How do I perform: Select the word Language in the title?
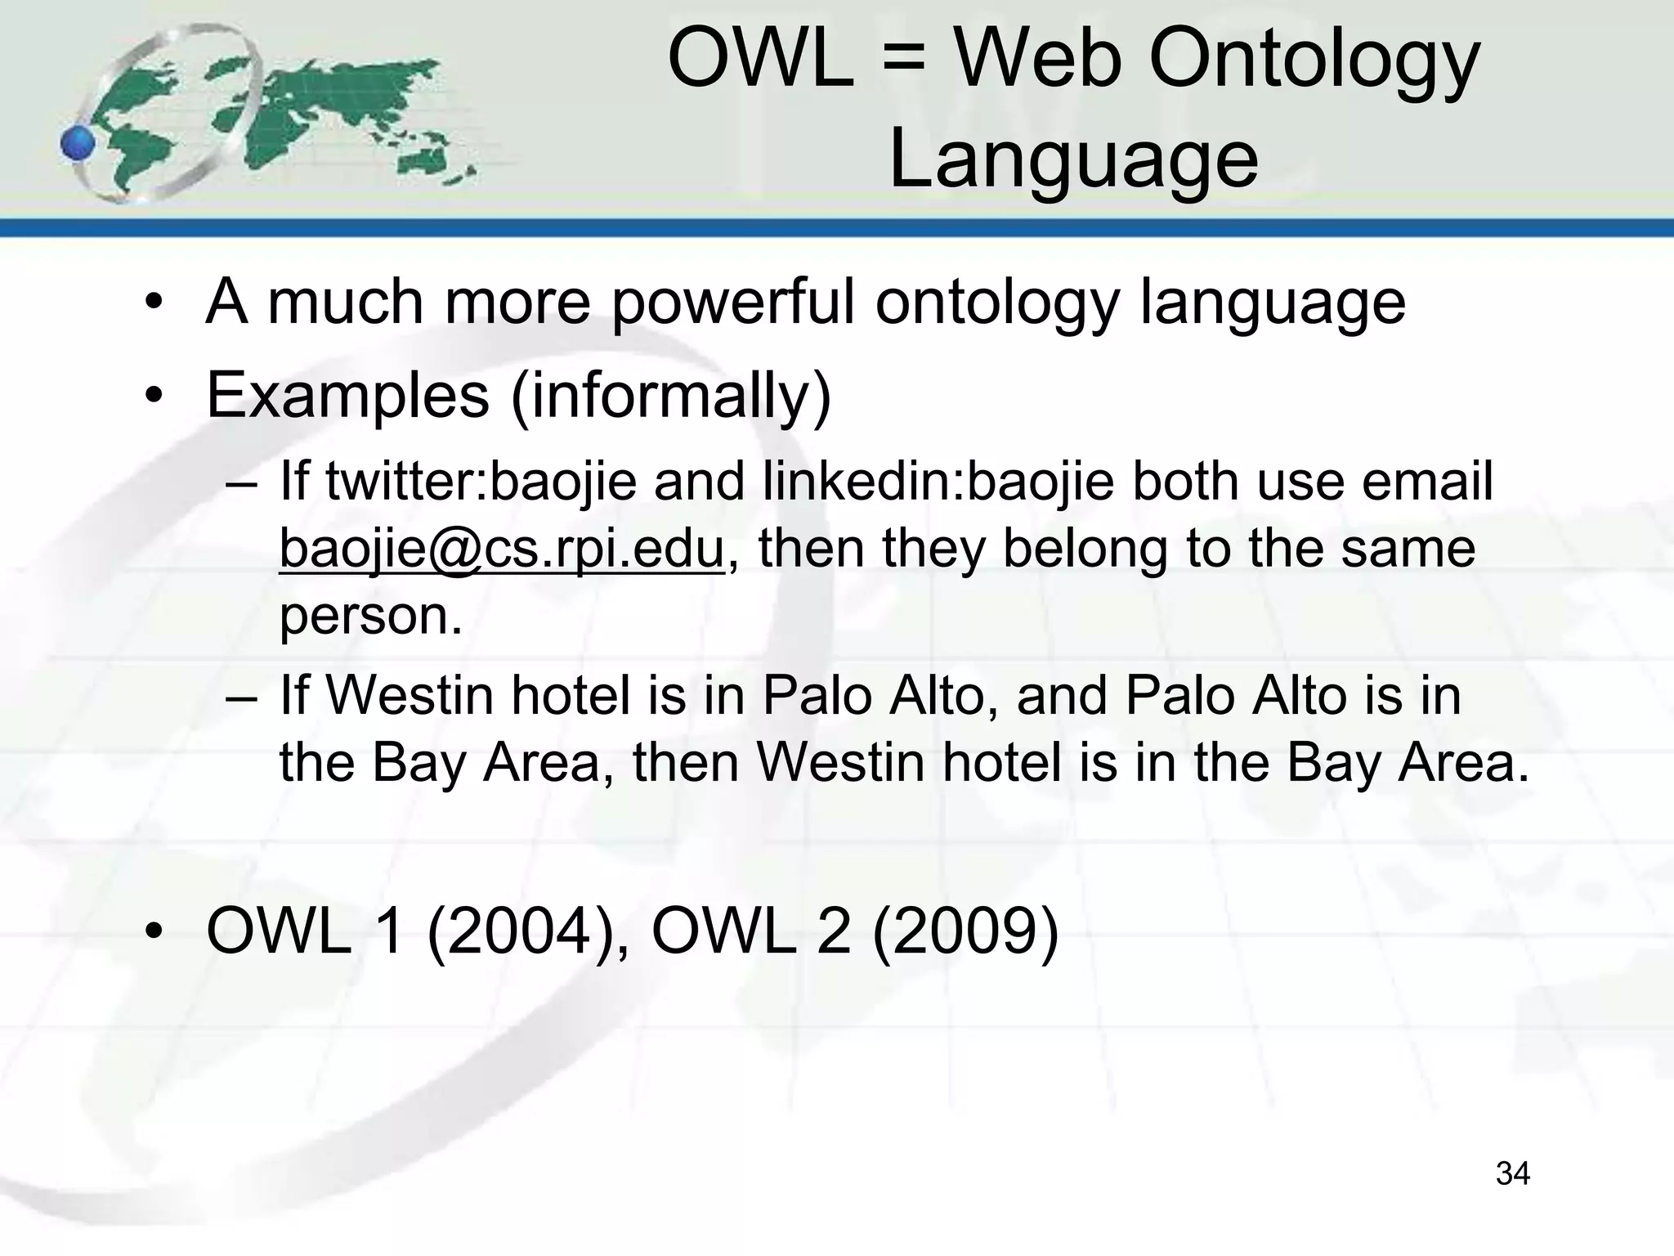pos(1072,159)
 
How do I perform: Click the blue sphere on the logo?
pos(78,145)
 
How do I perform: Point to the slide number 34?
pos(1512,1173)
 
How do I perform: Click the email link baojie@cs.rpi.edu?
pos(501,548)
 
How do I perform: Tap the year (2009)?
pos(965,932)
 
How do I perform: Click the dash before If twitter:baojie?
pos(242,482)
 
